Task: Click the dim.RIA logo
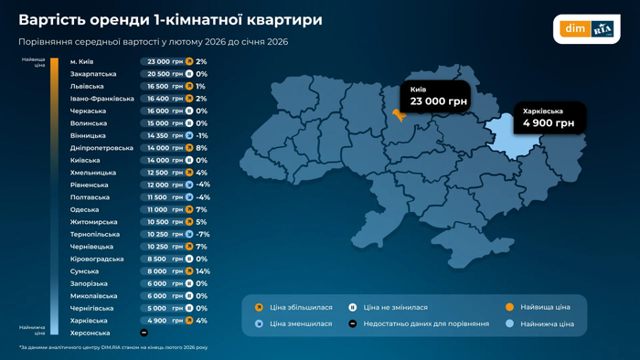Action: (x=586, y=28)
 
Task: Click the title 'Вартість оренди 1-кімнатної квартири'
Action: (x=170, y=19)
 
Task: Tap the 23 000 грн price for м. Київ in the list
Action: (x=165, y=62)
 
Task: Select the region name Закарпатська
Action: (x=93, y=74)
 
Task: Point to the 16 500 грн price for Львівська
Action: (x=165, y=87)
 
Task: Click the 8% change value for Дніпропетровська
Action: (x=201, y=148)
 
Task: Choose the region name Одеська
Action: (x=85, y=209)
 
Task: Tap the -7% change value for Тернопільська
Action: (x=203, y=234)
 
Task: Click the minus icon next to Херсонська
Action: (x=144, y=333)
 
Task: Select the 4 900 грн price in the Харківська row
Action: (x=165, y=321)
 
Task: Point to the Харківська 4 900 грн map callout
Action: (x=549, y=118)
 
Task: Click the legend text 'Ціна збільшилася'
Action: (x=301, y=308)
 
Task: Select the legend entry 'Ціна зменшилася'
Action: (x=301, y=323)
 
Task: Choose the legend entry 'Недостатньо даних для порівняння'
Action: (x=425, y=323)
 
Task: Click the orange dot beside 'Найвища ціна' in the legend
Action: (x=510, y=308)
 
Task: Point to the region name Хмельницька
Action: (x=93, y=173)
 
